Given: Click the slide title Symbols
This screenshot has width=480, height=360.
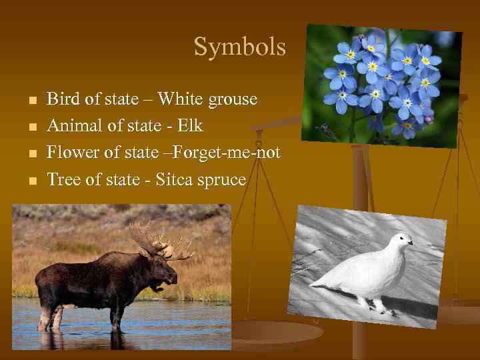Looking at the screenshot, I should (x=239, y=47).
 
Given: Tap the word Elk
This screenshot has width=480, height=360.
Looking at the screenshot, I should (x=189, y=126).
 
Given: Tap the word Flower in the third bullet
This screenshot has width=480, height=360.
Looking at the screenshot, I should (x=70, y=153).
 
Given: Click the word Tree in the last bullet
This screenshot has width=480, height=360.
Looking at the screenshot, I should (x=61, y=180).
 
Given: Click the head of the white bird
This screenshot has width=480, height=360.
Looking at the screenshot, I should (x=399, y=240).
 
